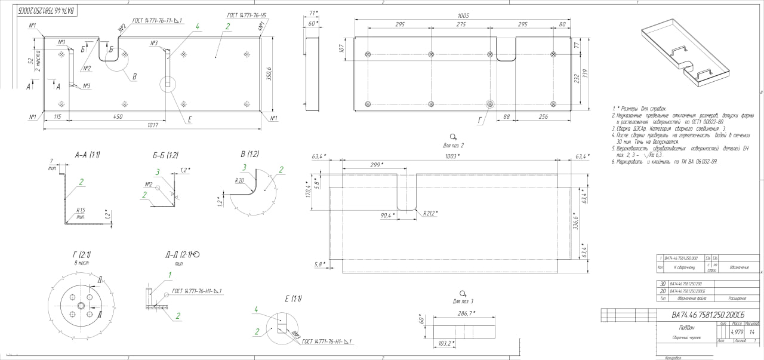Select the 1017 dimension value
153,125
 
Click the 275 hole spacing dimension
460,24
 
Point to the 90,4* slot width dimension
387,214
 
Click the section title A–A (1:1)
87,155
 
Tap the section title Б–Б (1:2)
165,155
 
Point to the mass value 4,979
737,332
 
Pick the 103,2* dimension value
445,343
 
